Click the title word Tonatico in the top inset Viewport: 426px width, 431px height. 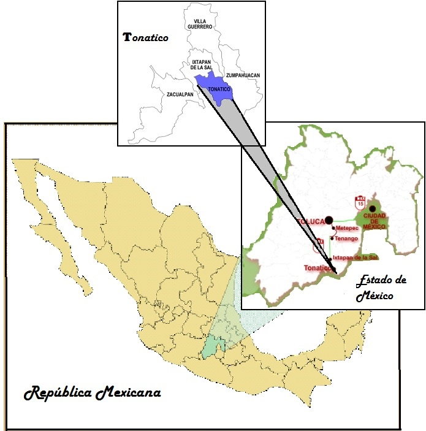tap(146, 37)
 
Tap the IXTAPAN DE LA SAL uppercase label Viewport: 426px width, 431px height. tap(201, 66)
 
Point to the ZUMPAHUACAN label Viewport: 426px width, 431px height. tap(243, 75)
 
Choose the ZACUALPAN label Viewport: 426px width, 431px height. tap(180, 94)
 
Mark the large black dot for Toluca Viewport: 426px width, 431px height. tap(329, 219)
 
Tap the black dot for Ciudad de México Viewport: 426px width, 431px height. tap(372, 208)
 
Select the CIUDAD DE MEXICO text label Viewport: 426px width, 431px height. tap(374, 221)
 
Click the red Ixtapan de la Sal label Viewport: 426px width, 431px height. tap(355, 257)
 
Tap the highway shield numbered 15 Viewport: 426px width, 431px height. tap(360, 201)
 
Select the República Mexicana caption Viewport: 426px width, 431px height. tap(93, 392)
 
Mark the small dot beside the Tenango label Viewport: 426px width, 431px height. tap(332, 238)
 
